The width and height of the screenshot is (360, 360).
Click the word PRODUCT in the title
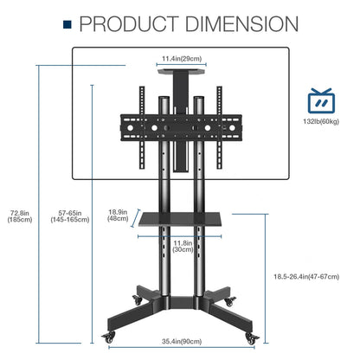click(129, 24)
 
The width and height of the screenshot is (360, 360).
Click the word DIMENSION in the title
click(241, 24)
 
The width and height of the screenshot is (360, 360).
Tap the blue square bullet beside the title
click(67, 24)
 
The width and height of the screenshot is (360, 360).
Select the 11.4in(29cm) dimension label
click(182, 59)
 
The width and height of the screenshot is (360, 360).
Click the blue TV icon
click(321, 100)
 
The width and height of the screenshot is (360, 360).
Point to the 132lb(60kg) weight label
click(321, 121)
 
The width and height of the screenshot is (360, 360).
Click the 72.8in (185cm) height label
click(20, 216)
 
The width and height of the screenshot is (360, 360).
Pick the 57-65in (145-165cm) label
click(70, 216)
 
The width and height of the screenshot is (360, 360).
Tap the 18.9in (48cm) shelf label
click(118, 215)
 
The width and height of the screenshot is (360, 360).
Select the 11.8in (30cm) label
click(183, 246)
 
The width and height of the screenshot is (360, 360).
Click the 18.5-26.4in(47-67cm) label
click(306, 277)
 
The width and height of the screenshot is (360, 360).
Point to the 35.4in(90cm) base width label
click(182, 342)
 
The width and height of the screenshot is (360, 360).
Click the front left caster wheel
click(109, 337)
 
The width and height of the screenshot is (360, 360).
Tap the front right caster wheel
click(252, 337)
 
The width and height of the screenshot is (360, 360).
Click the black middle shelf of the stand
click(180, 219)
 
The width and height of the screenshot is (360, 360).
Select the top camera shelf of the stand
click(182, 71)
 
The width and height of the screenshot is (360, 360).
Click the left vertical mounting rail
click(142, 127)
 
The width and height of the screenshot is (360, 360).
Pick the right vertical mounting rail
click(220, 127)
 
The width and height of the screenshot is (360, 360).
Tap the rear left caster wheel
click(138, 299)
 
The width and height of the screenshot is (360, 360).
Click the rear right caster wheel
click(230, 301)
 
